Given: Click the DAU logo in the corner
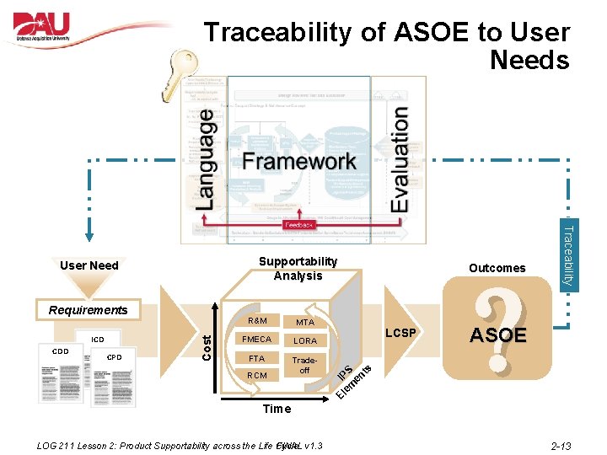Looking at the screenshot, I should pos(52,28).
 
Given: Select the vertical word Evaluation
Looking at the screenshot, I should pos(399,158).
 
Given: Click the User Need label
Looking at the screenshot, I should pos(89,265).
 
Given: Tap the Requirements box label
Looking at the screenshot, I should pos(88,309).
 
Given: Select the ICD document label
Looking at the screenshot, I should pos(98,340).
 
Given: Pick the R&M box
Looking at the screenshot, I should pos(258,321).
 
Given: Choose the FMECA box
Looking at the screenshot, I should pos(257,340).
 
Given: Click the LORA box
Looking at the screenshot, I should pos(304,340).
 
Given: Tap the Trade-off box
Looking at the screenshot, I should pos(304,365).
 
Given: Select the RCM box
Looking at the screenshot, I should pos(257,376).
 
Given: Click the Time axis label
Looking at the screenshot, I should pos(277,409).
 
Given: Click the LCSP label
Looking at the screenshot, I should pos(400,333).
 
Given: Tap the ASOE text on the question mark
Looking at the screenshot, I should pos(497,335).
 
